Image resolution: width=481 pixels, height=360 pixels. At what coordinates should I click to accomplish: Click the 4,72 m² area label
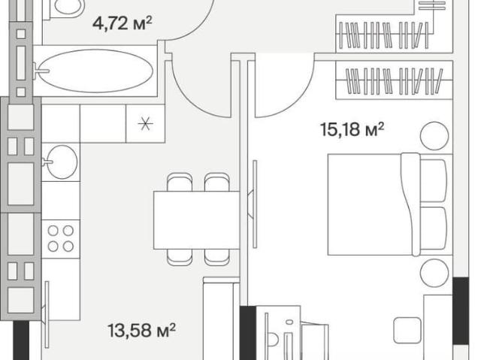click(x=123, y=23)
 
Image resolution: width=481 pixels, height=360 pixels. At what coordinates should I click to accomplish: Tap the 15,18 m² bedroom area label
click(x=352, y=129)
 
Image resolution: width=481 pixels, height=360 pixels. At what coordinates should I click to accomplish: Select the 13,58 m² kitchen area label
click(x=142, y=330)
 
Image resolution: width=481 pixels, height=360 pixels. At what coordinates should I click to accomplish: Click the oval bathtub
click(x=96, y=71)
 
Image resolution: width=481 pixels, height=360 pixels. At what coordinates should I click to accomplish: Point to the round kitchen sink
click(x=62, y=162)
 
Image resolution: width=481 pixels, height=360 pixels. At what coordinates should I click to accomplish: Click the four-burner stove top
click(x=61, y=238)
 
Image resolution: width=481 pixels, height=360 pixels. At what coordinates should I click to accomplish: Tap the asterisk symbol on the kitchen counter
click(x=145, y=123)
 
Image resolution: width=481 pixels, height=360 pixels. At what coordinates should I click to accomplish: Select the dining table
click(x=197, y=220)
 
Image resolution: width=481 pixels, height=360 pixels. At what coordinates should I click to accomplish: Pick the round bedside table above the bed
click(x=434, y=136)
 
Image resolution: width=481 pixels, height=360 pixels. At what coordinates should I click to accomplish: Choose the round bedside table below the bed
click(x=434, y=273)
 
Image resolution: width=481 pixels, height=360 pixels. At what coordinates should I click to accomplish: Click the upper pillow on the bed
click(x=433, y=180)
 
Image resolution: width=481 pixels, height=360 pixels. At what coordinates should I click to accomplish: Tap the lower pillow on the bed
click(x=433, y=228)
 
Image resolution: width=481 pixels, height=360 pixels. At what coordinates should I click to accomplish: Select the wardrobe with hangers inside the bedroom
click(x=395, y=80)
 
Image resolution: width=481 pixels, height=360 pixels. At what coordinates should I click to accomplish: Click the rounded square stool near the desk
click(x=407, y=330)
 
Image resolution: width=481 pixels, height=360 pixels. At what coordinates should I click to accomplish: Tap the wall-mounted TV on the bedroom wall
click(x=254, y=204)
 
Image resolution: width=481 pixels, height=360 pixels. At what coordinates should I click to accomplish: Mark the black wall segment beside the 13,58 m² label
click(x=21, y=340)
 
